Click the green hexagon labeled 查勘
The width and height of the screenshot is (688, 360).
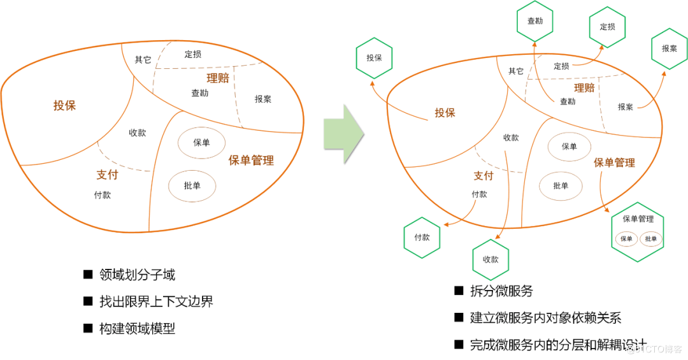(535, 20)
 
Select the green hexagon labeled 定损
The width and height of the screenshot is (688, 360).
(607, 27)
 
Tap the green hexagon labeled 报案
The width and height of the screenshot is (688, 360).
(669, 48)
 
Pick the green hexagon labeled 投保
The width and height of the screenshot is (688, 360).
(374, 57)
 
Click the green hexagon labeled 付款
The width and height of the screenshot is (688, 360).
(422, 237)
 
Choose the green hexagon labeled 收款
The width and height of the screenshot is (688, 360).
(491, 259)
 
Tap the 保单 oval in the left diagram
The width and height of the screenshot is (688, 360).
(201, 143)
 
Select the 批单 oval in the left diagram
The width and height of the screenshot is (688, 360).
(192, 186)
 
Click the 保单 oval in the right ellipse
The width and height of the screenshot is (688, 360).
(569, 147)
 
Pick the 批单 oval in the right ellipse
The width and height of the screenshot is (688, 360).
(561, 186)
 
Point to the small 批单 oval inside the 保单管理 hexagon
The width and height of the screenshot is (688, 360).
(650, 239)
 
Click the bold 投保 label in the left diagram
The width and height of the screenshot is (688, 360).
(64, 105)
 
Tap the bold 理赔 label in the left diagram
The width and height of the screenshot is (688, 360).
(217, 78)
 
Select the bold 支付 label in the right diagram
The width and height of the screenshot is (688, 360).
(484, 176)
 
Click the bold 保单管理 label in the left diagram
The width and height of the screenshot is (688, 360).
(251, 161)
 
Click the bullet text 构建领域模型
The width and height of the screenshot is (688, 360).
(137, 329)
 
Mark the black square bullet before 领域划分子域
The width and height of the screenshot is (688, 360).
(88, 275)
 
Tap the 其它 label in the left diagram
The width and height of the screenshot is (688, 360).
(143, 60)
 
